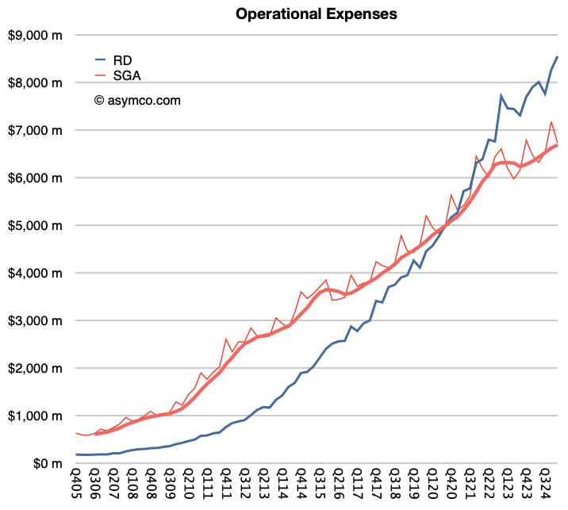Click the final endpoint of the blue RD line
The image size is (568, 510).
click(x=558, y=56)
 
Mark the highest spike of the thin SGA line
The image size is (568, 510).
click(x=551, y=121)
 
